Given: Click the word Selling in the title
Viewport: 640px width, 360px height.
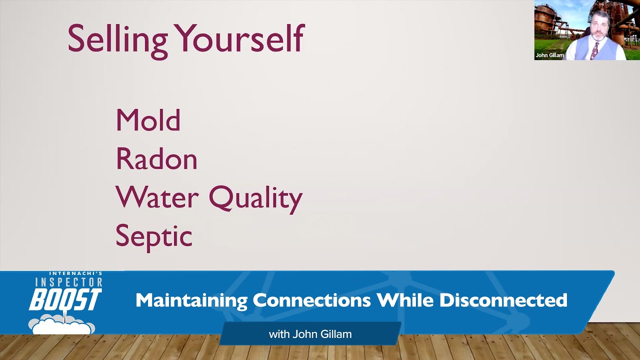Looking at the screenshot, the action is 117,40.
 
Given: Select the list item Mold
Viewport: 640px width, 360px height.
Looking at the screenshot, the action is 148,120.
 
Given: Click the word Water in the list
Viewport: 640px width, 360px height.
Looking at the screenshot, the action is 157,197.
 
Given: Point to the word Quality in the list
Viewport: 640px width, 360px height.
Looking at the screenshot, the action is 255,199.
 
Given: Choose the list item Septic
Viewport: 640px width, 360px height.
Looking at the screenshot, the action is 153,237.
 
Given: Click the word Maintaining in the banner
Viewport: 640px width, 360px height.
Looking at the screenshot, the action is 191,301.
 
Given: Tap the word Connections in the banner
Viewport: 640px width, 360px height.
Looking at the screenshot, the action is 312,300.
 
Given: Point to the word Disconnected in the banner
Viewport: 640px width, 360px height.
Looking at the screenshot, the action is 503,300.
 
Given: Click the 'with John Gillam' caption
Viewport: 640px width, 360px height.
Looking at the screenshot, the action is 310,334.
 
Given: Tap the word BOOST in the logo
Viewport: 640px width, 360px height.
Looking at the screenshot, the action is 65,299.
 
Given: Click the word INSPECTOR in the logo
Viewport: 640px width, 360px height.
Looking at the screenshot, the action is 68,282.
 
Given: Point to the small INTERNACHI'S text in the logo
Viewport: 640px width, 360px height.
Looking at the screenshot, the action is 75,273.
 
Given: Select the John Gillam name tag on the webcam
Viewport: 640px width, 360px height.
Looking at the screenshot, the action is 549,55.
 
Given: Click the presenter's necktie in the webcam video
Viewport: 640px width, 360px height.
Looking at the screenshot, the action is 594,50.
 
